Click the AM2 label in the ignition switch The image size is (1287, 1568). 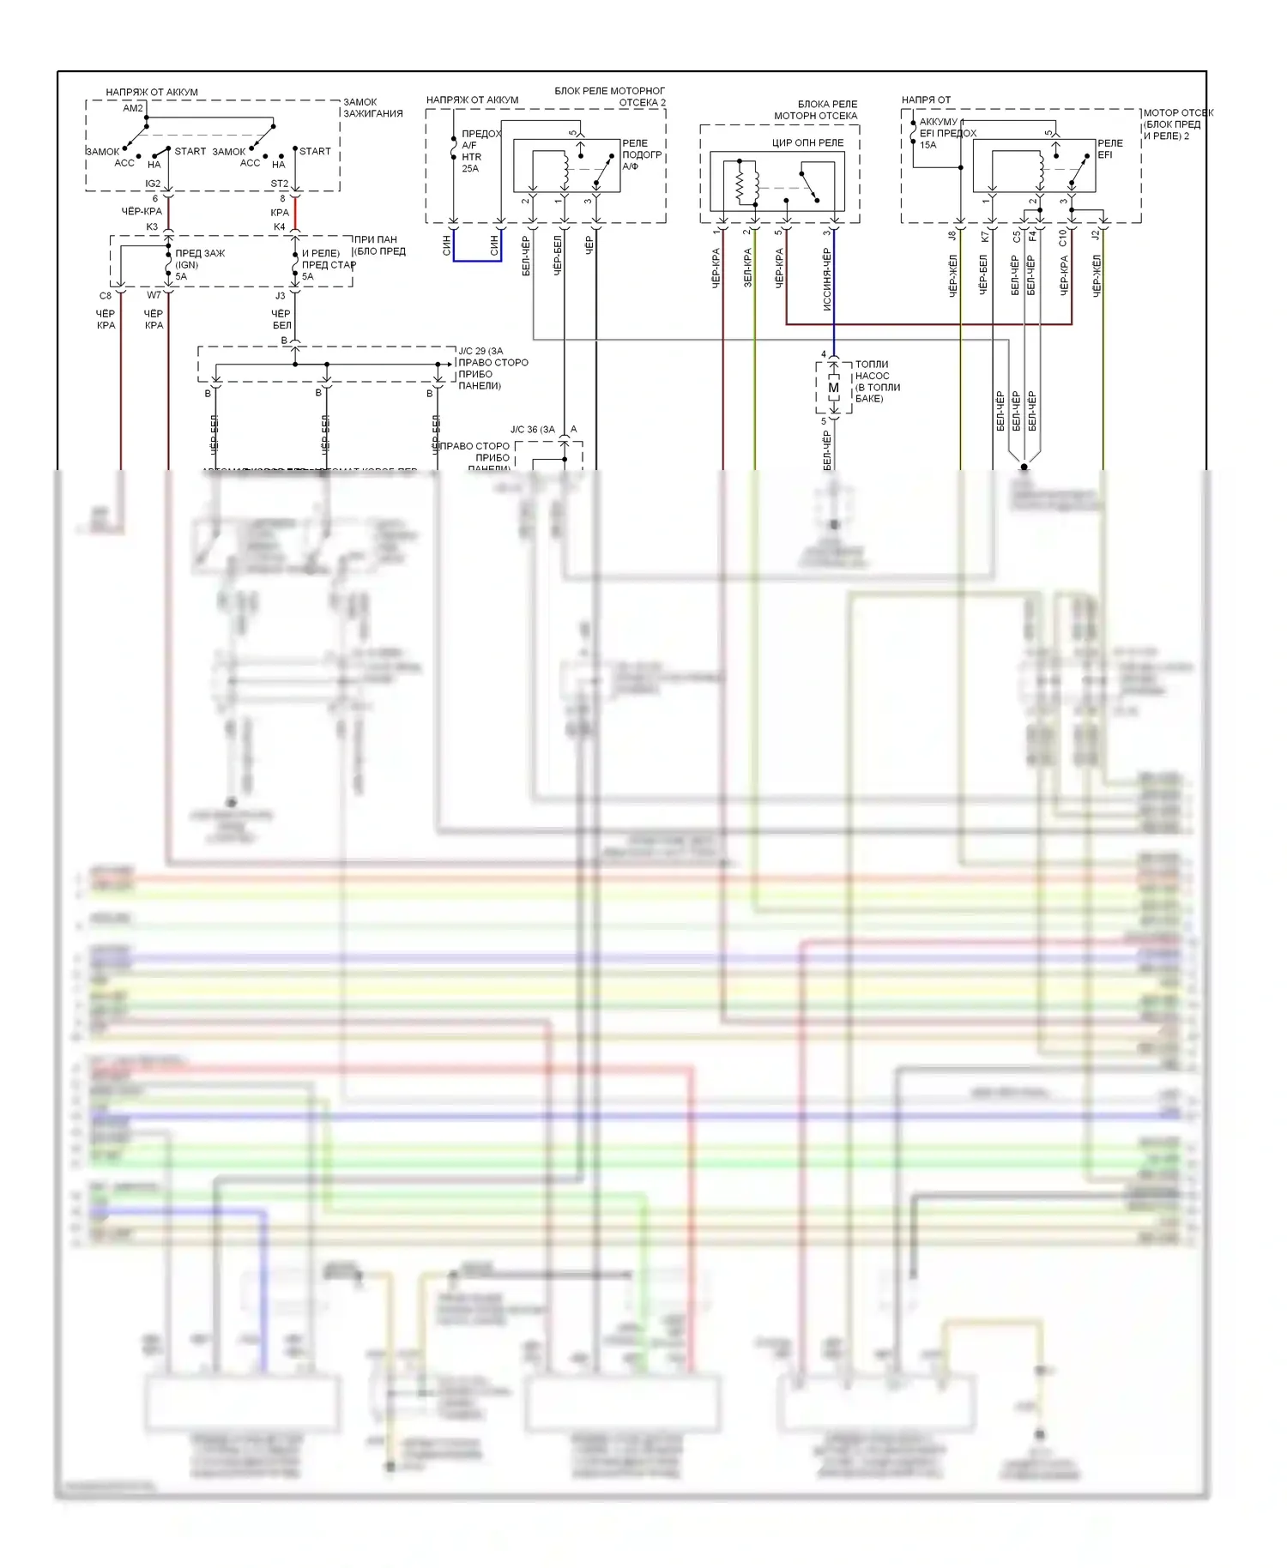click(x=133, y=108)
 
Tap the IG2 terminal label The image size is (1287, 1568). click(x=153, y=184)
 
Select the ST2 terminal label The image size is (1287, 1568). click(x=280, y=184)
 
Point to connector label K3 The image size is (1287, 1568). click(x=152, y=227)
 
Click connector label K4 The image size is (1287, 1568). click(x=279, y=227)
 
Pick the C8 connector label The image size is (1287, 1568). click(x=106, y=296)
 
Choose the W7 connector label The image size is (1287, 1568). click(x=154, y=296)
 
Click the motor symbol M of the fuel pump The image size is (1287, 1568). click(x=833, y=388)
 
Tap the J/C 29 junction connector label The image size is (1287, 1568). click(x=480, y=351)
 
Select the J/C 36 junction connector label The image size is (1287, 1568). click(x=532, y=430)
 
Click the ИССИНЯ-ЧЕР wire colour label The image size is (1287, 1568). click(x=827, y=280)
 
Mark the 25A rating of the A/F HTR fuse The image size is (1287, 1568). click(x=470, y=169)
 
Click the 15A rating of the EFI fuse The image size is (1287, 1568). click(x=928, y=145)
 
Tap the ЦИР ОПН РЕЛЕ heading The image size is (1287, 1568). click(x=807, y=142)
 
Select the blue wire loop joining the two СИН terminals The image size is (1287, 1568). click(x=478, y=260)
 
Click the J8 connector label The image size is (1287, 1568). click(x=952, y=235)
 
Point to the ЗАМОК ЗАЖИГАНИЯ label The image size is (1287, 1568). click(x=373, y=108)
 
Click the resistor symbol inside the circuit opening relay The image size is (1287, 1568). click(x=740, y=183)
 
